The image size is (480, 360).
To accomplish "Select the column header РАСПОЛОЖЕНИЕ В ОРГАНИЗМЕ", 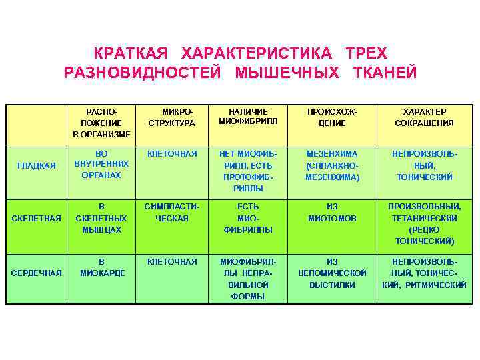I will tap(101, 123).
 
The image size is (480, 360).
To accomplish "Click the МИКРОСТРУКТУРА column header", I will tap(171, 117).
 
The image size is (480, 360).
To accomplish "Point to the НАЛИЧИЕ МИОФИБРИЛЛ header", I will tap(248, 116).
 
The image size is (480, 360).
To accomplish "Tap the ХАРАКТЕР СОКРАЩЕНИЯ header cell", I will tap(424, 117).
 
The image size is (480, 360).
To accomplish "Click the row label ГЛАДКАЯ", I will tap(37, 165).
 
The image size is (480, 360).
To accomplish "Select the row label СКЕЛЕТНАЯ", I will tap(37, 218).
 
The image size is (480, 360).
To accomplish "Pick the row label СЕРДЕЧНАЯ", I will tap(37, 273).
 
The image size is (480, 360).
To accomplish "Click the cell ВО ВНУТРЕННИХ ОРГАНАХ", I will tap(101, 165).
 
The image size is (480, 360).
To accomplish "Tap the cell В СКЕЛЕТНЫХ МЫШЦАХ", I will tap(101, 218).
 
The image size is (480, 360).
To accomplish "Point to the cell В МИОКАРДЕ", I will tap(101, 267).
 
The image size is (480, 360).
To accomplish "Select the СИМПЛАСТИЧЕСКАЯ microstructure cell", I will tap(171, 213).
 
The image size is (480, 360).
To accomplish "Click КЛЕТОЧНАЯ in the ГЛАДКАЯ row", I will tap(171, 154).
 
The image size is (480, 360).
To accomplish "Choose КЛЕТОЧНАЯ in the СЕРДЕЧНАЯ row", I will tap(171, 262).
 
